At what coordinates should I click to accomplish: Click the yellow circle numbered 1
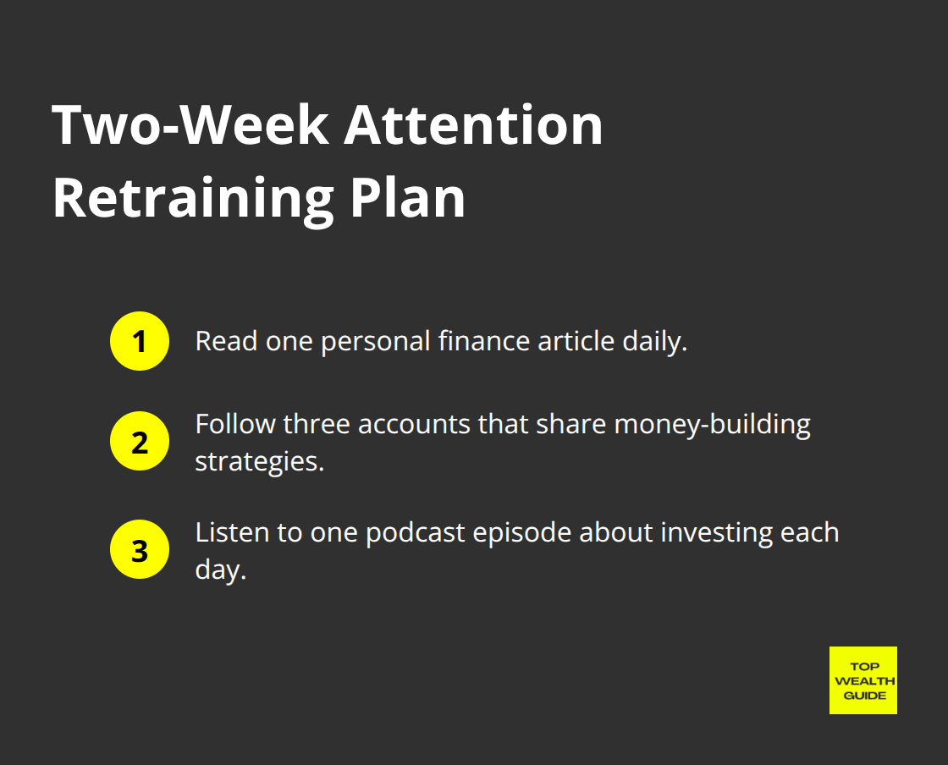(140, 342)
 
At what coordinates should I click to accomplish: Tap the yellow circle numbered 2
(140, 442)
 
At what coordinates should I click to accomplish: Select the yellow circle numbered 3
(140, 550)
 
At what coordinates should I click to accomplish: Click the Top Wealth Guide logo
(863, 680)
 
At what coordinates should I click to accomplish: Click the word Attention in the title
(473, 126)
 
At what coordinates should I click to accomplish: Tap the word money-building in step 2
(712, 424)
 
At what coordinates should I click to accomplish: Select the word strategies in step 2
(259, 462)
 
